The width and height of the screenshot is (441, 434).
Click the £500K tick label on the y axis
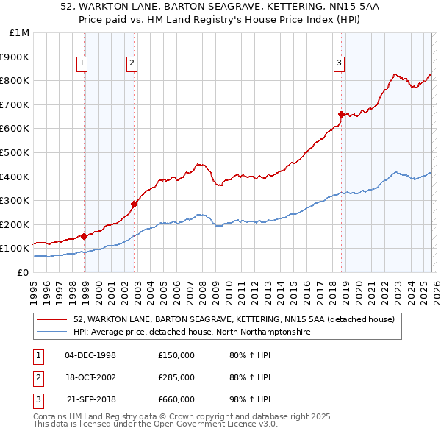(15, 152)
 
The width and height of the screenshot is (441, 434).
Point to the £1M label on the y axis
(18, 32)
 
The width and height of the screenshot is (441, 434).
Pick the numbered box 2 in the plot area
(132, 63)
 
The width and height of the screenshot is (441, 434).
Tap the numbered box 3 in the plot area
(339, 63)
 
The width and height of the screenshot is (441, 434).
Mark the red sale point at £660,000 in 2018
(341, 114)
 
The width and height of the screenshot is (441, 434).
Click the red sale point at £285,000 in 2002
(135, 204)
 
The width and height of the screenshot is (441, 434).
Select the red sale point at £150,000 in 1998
(85, 236)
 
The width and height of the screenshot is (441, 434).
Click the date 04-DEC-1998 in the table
(90, 356)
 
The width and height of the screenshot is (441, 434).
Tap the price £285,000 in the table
(176, 377)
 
